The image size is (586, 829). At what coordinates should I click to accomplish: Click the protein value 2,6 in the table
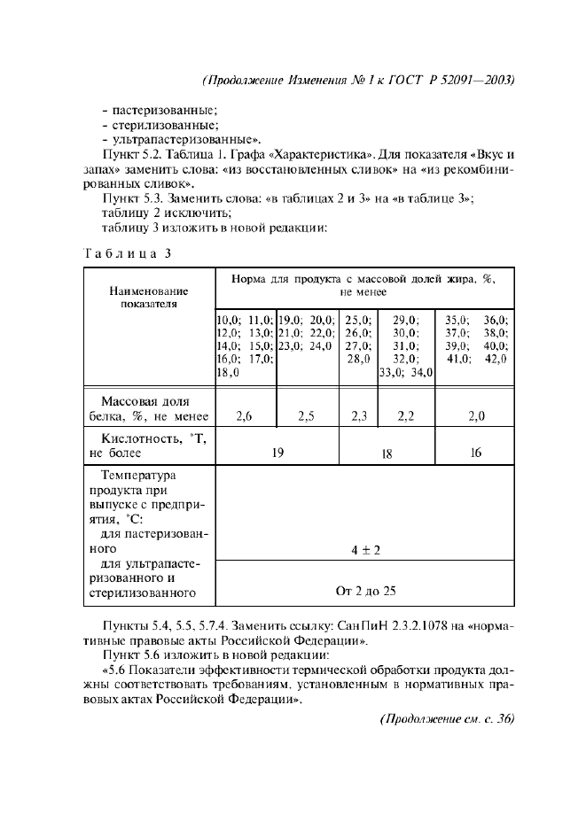pyautogui.click(x=245, y=415)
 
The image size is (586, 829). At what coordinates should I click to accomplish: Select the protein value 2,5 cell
pyautogui.click(x=308, y=415)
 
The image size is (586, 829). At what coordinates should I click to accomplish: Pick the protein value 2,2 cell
pyautogui.click(x=406, y=415)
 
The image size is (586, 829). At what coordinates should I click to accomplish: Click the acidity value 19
pyautogui.click(x=277, y=453)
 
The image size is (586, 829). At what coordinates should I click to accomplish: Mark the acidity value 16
pyautogui.click(x=475, y=453)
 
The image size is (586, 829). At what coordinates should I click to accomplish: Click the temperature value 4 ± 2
pyautogui.click(x=365, y=550)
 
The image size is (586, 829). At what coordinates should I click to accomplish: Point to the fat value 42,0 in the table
pyautogui.click(x=492, y=359)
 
